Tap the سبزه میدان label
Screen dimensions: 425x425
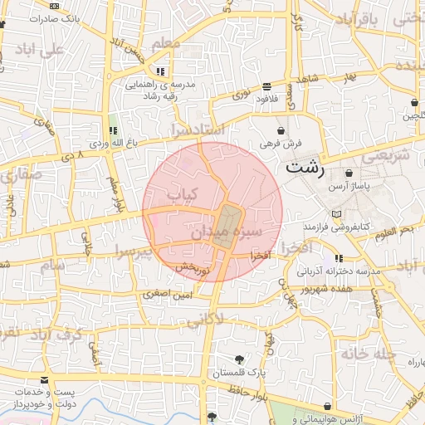(227, 232)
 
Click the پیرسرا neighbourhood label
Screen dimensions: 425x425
(134, 250)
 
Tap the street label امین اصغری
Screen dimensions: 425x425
(168, 293)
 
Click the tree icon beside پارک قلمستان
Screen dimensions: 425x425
(240, 359)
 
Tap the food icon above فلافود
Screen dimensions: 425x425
(266, 85)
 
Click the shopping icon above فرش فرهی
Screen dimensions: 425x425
(281, 130)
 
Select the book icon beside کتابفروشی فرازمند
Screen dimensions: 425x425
(335, 214)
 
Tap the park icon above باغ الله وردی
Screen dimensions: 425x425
(113, 130)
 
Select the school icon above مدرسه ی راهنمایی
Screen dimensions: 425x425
(160, 71)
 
